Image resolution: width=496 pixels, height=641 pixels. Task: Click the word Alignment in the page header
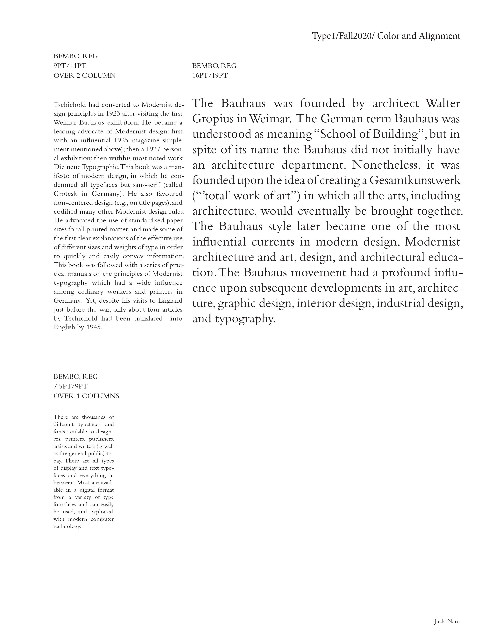pos(440,36)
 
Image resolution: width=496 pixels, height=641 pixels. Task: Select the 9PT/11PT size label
pos(70,66)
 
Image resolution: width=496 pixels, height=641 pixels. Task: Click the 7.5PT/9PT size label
pos(70,386)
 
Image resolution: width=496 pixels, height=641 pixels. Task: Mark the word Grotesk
pos(65,194)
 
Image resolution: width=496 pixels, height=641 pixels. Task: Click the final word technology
pos(67,526)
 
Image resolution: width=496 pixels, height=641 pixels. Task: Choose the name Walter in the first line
pos(443,104)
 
